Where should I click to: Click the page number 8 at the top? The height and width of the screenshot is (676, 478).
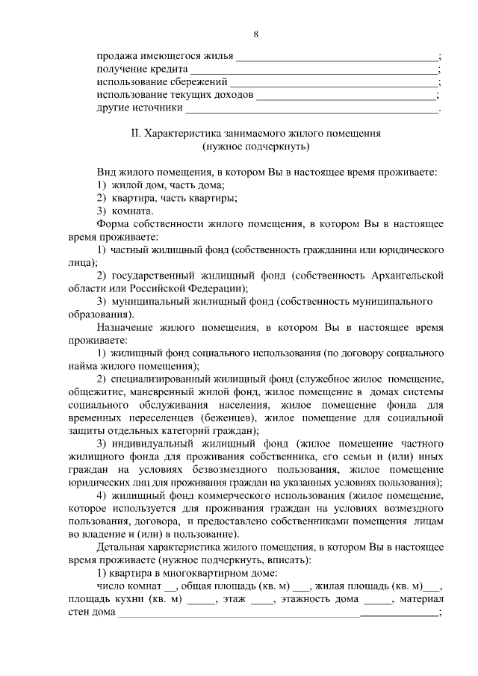click(256, 34)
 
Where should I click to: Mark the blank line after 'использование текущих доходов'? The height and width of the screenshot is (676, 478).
click(347, 96)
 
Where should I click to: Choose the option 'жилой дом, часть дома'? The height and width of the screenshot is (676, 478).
click(168, 185)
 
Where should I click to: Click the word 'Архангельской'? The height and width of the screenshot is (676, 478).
click(408, 276)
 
